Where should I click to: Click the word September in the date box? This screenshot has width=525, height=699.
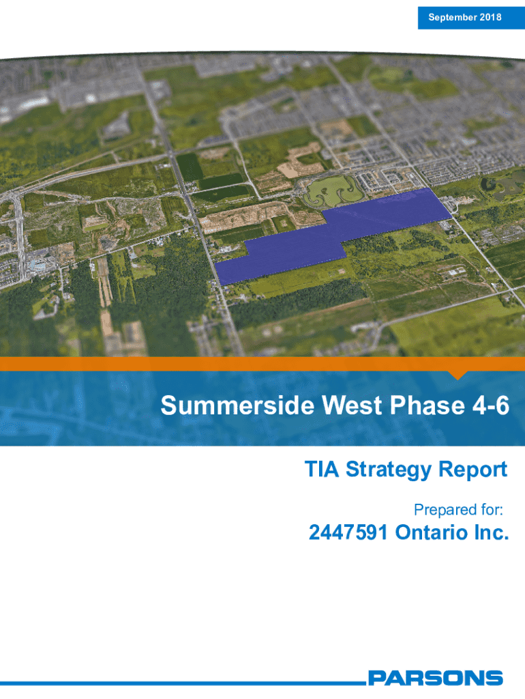(x=446, y=18)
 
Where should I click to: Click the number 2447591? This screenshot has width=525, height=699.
(x=348, y=532)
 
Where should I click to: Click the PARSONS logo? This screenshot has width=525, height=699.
(x=436, y=678)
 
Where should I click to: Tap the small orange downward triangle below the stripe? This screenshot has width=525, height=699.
(x=457, y=375)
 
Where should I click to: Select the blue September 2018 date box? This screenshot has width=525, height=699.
(x=471, y=18)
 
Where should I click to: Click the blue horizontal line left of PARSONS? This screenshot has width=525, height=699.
(x=183, y=683)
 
